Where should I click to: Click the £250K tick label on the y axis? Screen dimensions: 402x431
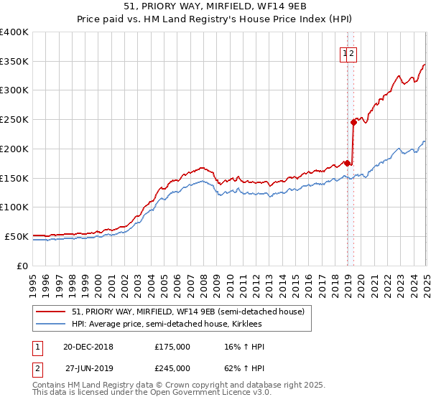click(14, 120)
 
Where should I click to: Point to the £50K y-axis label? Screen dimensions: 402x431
click(17, 236)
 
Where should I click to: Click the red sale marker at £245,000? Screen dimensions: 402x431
click(354, 122)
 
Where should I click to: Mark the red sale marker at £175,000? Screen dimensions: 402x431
click(348, 163)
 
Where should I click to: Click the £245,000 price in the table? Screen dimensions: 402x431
click(172, 368)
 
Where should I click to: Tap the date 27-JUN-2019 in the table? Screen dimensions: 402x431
click(89, 368)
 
